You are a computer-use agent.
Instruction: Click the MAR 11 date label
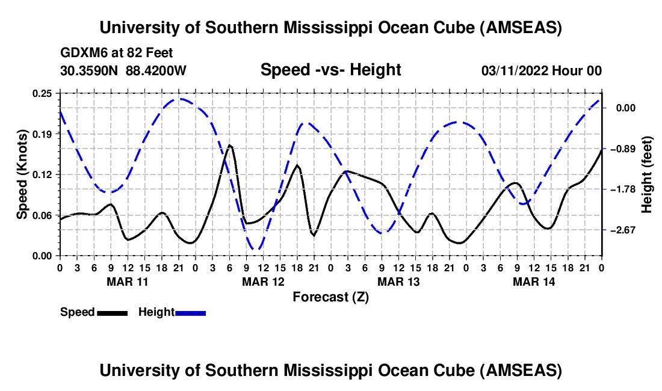coord(127,282)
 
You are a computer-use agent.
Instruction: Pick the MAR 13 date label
coord(398,282)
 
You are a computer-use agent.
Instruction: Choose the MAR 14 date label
coord(533,282)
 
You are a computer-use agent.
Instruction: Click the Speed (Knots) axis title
coord(22,174)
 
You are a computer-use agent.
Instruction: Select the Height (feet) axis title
coord(648,174)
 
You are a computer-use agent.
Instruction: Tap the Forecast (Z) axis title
coord(330,297)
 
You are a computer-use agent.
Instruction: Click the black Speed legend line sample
coord(112,313)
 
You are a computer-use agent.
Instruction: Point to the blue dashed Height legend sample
coord(191,313)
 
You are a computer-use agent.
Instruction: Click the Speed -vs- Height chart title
coord(330,70)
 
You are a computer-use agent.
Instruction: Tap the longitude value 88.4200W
coord(156,71)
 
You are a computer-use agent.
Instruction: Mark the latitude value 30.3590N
coord(90,71)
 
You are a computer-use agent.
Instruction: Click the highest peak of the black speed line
coord(229,145)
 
